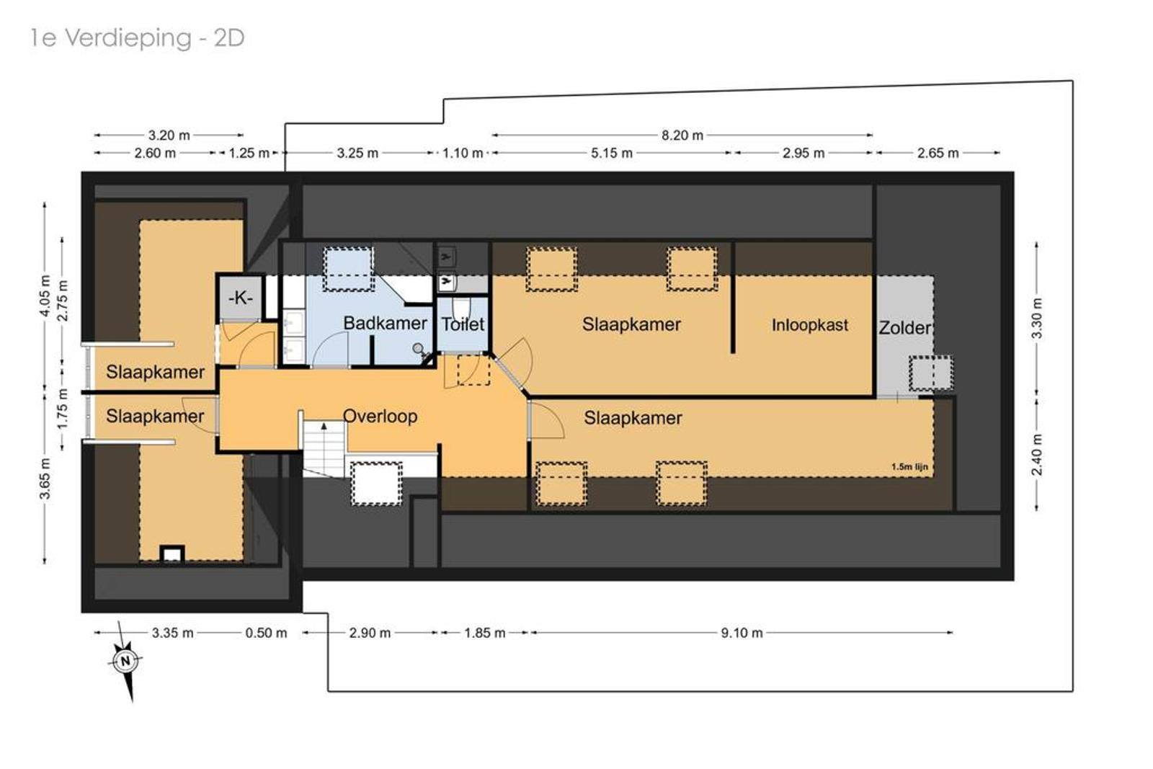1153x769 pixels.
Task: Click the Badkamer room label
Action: (385, 324)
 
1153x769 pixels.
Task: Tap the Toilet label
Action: (463, 324)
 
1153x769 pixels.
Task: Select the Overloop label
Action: (380, 416)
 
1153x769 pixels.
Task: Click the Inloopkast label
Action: (810, 325)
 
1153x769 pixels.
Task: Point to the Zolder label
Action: (904, 328)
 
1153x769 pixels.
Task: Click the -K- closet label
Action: (241, 298)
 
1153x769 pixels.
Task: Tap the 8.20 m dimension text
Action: (682, 135)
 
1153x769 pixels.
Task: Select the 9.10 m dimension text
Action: (742, 633)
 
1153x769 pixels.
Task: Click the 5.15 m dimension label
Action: (612, 153)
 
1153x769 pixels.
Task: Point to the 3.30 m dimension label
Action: (1037, 318)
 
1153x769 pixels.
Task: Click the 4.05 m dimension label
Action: (45, 296)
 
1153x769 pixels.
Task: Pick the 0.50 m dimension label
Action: (266, 633)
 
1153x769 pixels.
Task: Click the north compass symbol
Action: (125, 661)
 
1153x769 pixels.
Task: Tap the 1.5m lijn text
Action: (909, 467)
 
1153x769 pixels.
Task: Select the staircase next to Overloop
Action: (324, 448)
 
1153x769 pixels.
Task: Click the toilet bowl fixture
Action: (462, 308)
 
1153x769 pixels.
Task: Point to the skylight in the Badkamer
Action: (348, 269)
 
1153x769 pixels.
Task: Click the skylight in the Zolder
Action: (930, 373)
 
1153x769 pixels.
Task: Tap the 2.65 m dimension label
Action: (938, 153)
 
